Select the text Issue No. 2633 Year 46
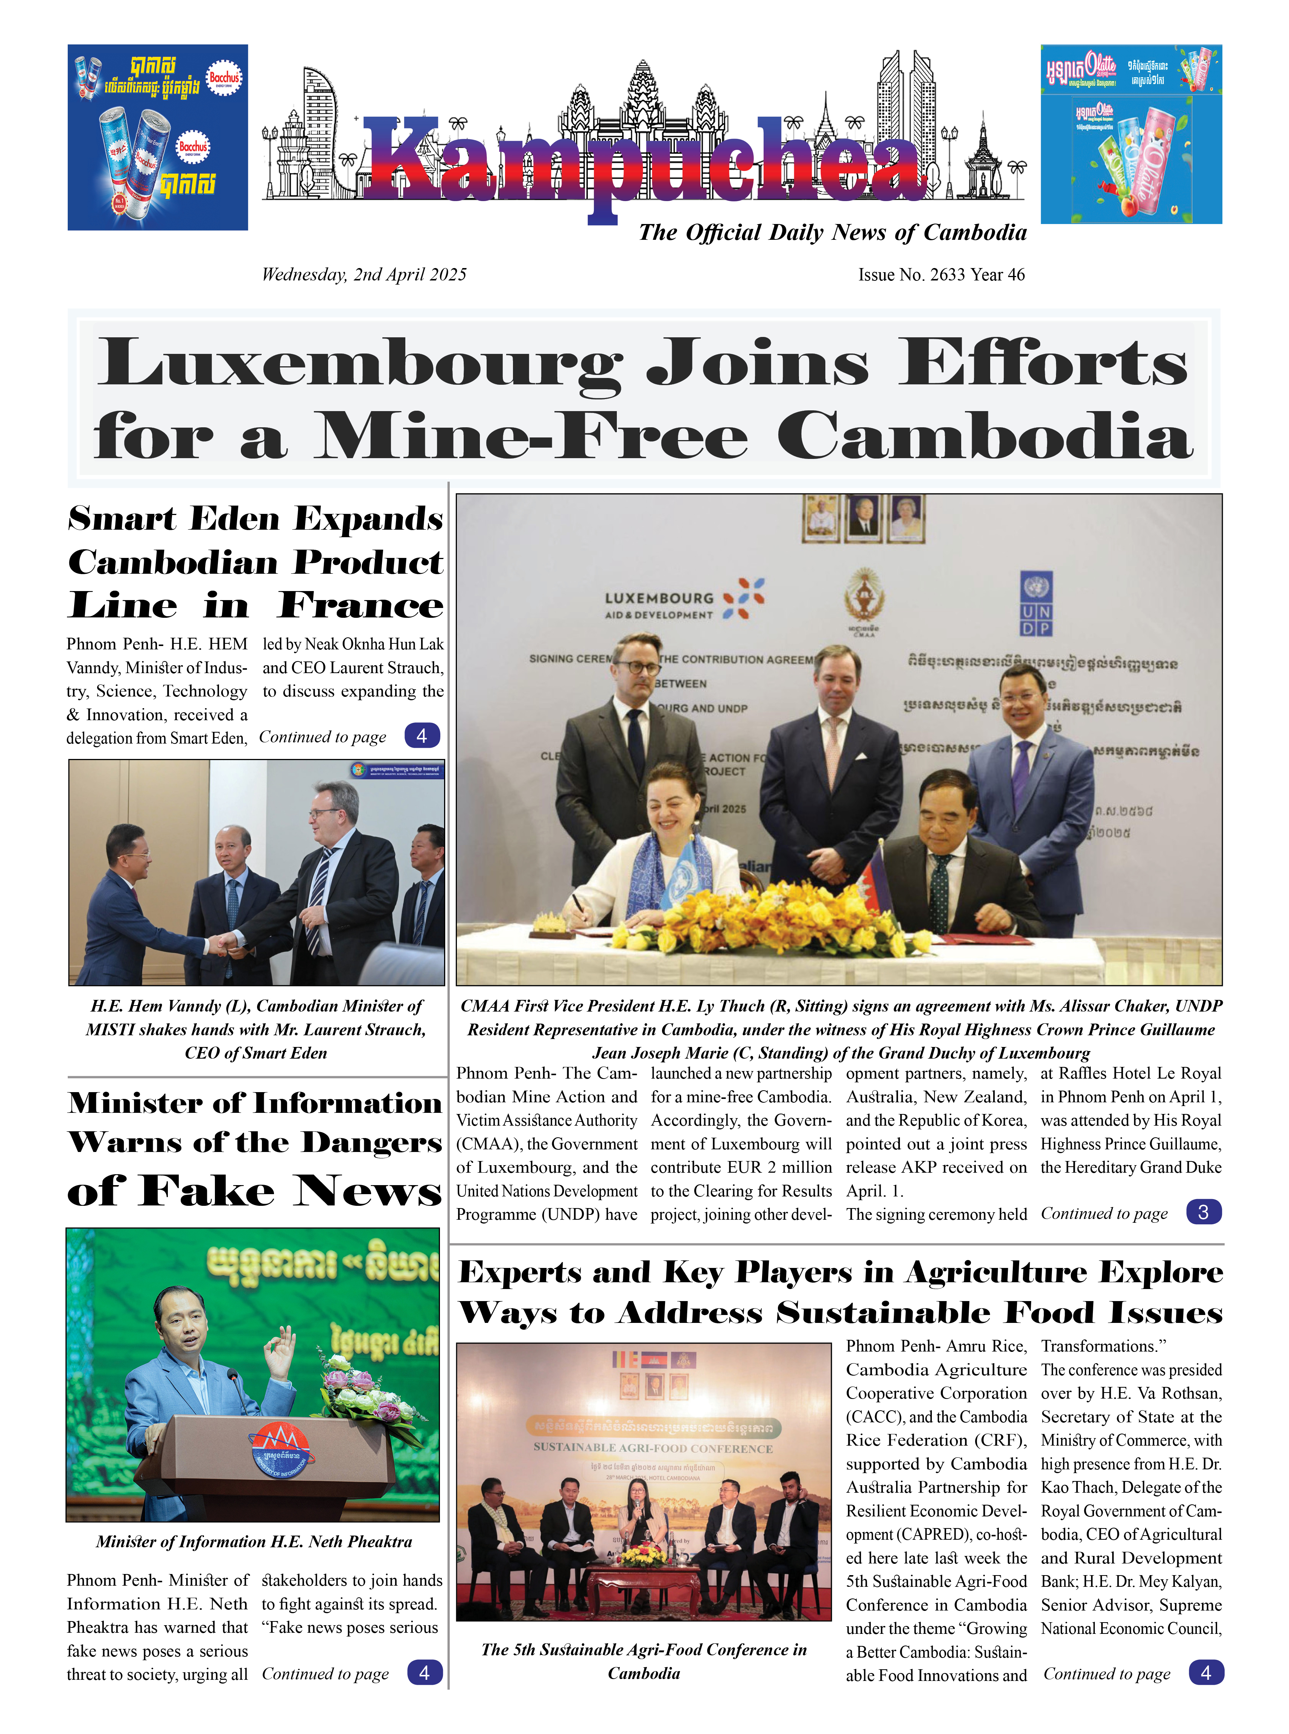point(941,275)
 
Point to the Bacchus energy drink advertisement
point(158,137)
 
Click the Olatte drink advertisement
point(1131,134)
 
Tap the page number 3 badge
point(1203,1212)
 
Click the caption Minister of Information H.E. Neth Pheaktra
point(254,1542)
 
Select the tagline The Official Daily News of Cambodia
point(832,233)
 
